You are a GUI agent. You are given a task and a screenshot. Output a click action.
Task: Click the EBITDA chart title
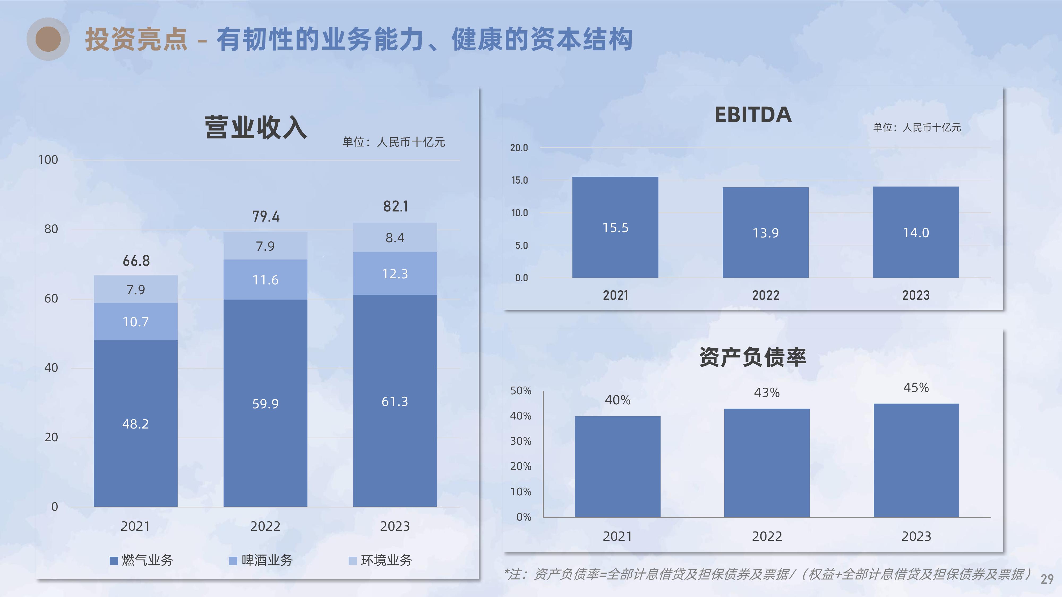click(753, 115)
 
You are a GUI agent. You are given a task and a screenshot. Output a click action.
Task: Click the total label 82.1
click(395, 206)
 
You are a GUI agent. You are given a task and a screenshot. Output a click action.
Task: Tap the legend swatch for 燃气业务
click(114, 560)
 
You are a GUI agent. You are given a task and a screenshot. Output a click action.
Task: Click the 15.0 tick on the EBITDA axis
click(520, 180)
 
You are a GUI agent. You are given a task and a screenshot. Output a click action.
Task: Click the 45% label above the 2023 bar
click(916, 387)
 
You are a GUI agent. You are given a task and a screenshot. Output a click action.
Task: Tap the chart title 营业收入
click(256, 127)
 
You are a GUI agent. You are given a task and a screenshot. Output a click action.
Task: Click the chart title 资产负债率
click(752, 357)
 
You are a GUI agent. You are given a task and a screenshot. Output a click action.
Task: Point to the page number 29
click(1047, 579)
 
